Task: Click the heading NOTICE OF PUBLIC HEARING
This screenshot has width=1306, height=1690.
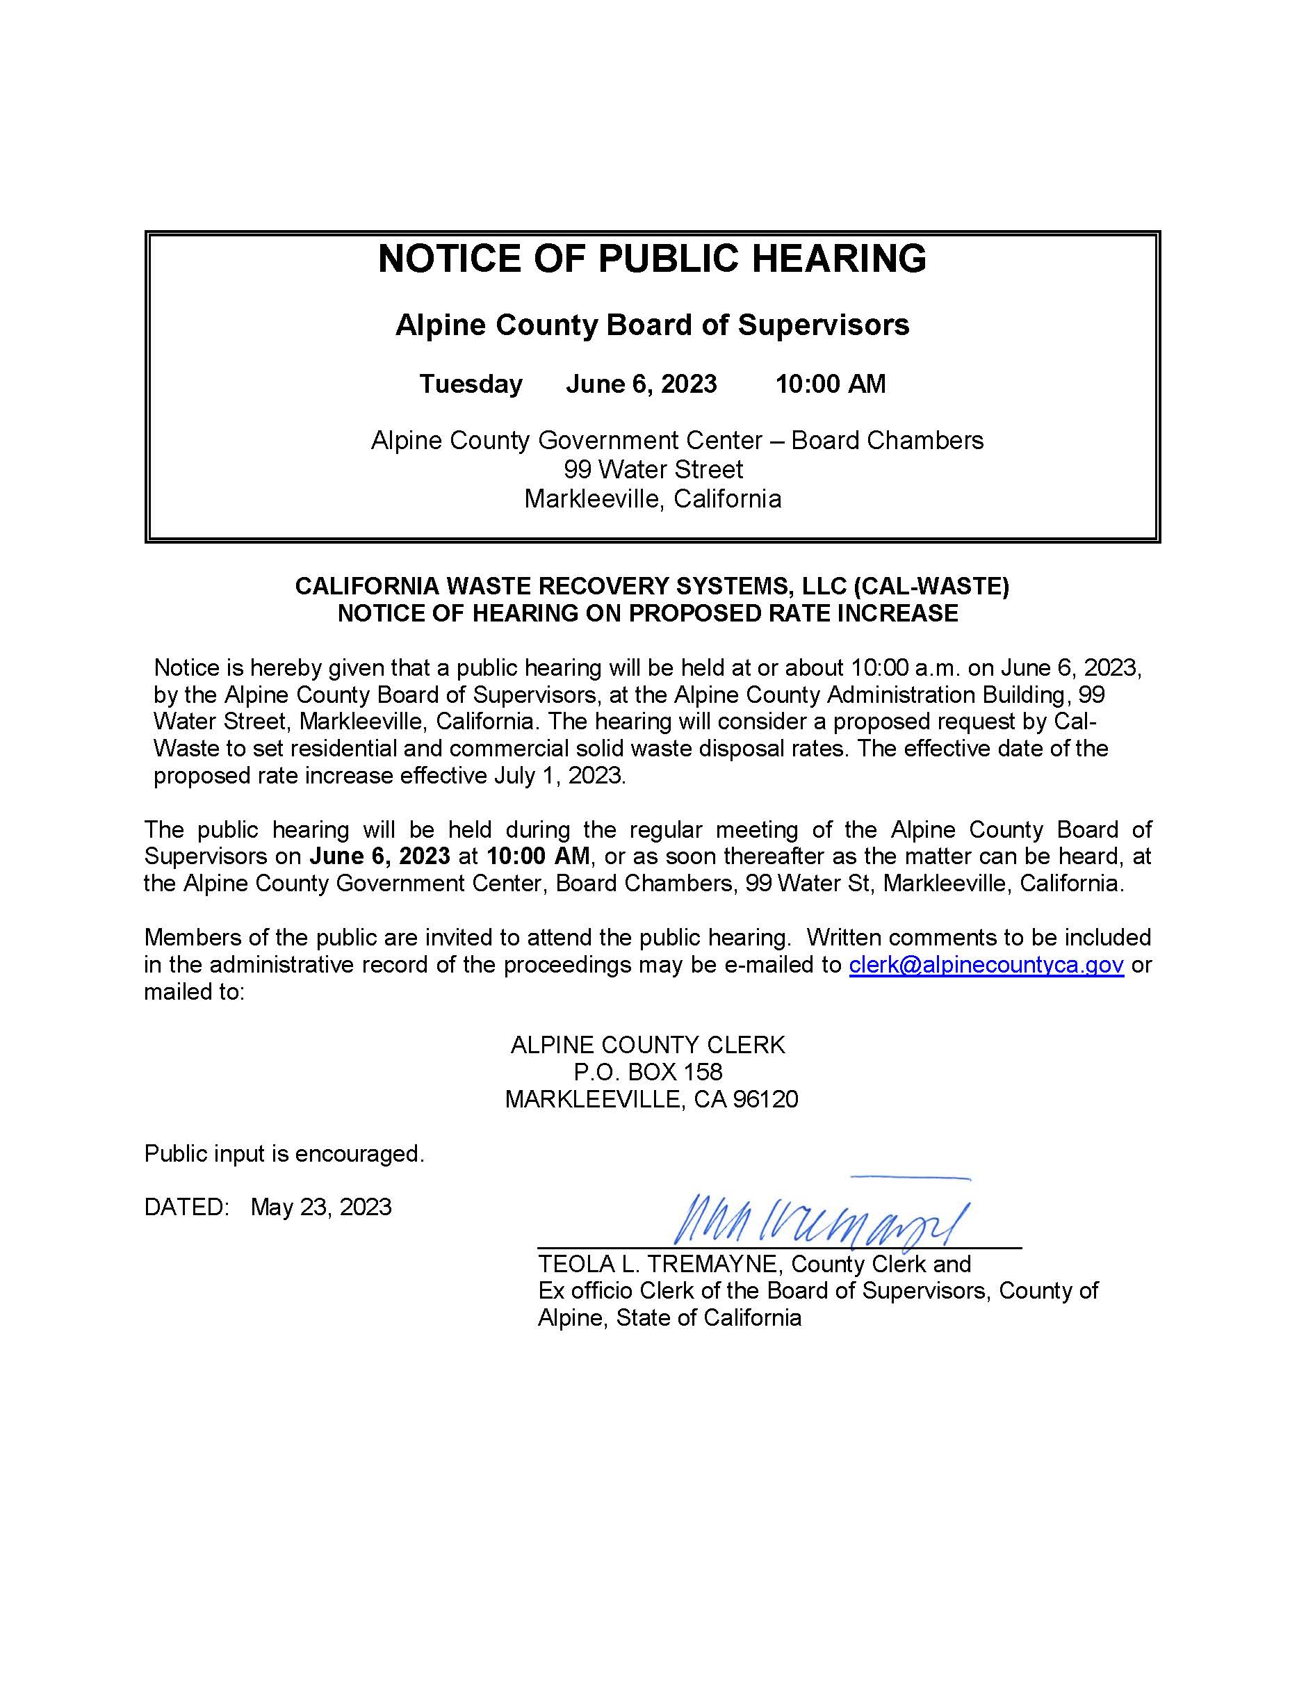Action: point(651,259)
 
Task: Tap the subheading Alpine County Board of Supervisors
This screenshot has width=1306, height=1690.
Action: point(651,325)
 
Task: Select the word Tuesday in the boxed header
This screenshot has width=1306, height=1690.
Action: point(471,384)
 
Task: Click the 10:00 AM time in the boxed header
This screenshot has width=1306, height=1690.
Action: point(830,384)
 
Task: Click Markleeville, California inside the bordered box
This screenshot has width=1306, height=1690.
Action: point(652,499)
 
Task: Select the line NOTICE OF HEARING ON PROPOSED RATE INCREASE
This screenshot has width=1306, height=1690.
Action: point(648,614)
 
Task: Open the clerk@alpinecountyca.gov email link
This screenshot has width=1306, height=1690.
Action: point(986,965)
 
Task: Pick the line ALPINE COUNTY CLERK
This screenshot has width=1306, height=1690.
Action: point(648,1046)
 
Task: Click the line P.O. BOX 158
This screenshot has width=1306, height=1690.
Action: point(648,1073)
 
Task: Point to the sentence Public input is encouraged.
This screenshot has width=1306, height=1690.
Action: point(284,1154)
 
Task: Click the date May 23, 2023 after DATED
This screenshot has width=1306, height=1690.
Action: point(321,1207)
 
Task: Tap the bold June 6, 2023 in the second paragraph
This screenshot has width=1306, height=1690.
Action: point(379,856)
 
